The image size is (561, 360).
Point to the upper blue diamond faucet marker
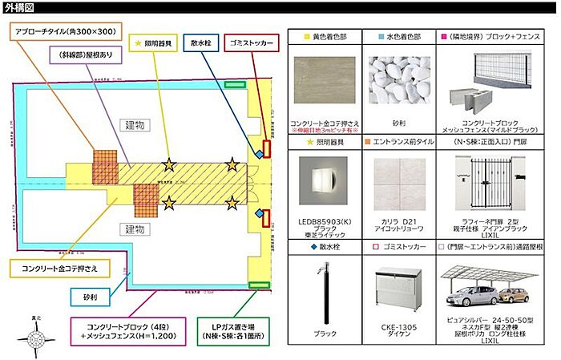259,154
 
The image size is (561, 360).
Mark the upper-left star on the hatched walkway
169,165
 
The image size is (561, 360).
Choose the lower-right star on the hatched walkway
232,202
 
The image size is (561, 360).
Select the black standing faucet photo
325,293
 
